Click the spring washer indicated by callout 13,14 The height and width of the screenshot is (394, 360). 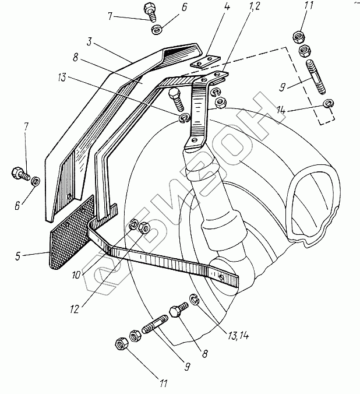click(195, 301)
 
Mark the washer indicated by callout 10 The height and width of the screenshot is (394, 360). click(133, 223)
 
